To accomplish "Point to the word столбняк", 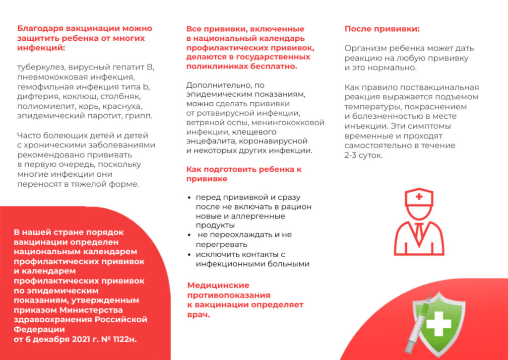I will (x=132, y=97).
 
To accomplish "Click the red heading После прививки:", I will (x=382, y=29).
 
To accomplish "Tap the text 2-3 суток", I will (x=364, y=155).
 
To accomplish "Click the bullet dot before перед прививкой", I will (x=190, y=198).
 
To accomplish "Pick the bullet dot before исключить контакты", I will (x=190, y=255).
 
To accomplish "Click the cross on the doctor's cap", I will (x=419, y=197).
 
